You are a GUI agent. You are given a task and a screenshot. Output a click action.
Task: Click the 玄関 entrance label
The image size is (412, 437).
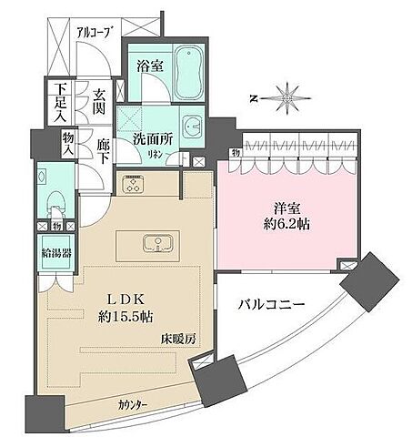pyautogui.click(x=100, y=100)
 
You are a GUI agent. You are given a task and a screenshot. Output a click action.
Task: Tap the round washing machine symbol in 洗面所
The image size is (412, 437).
pyautogui.click(x=191, y=127)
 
